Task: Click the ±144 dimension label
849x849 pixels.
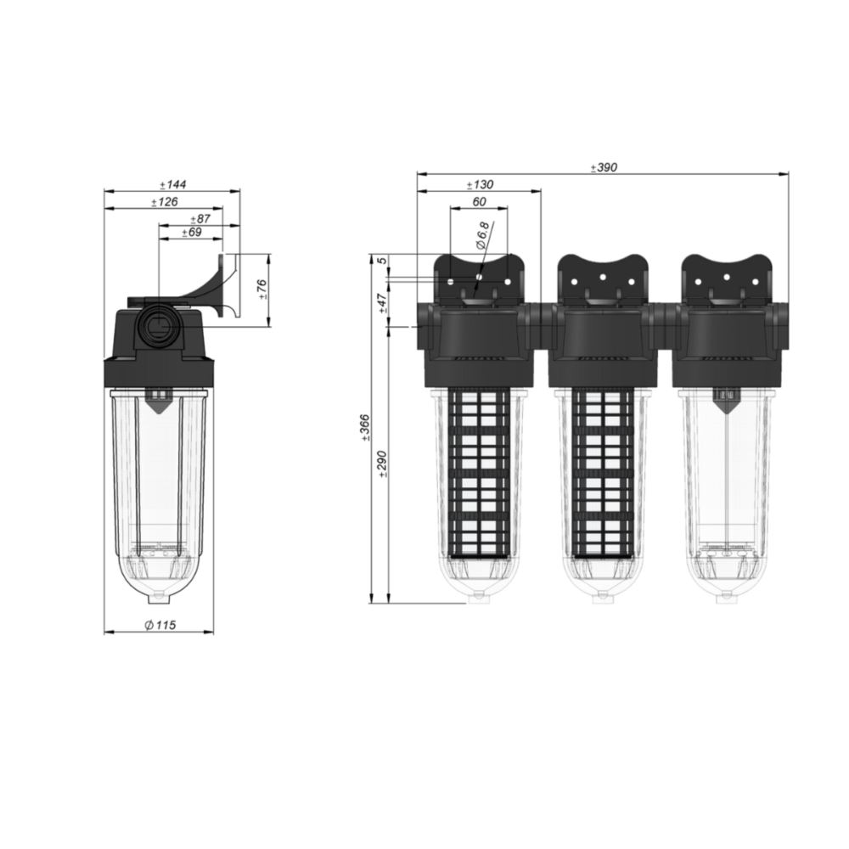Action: click(x=172, y=184)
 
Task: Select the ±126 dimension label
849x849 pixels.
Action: click(x=165, y=202)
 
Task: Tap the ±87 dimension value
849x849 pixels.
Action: click(x=200, y=219)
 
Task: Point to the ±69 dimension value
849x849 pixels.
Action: click(x=192, y=233)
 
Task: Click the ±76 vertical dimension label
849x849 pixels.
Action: click(x=262, y=290)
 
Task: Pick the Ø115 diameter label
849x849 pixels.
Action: click(x=160, y=625)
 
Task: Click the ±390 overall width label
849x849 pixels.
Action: click(x=604, y=168)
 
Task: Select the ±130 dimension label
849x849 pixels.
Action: click(x=481, y=184)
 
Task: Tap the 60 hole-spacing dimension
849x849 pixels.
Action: click(x=479, y=202)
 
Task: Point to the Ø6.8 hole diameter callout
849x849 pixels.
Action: click(x=482, y=235)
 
